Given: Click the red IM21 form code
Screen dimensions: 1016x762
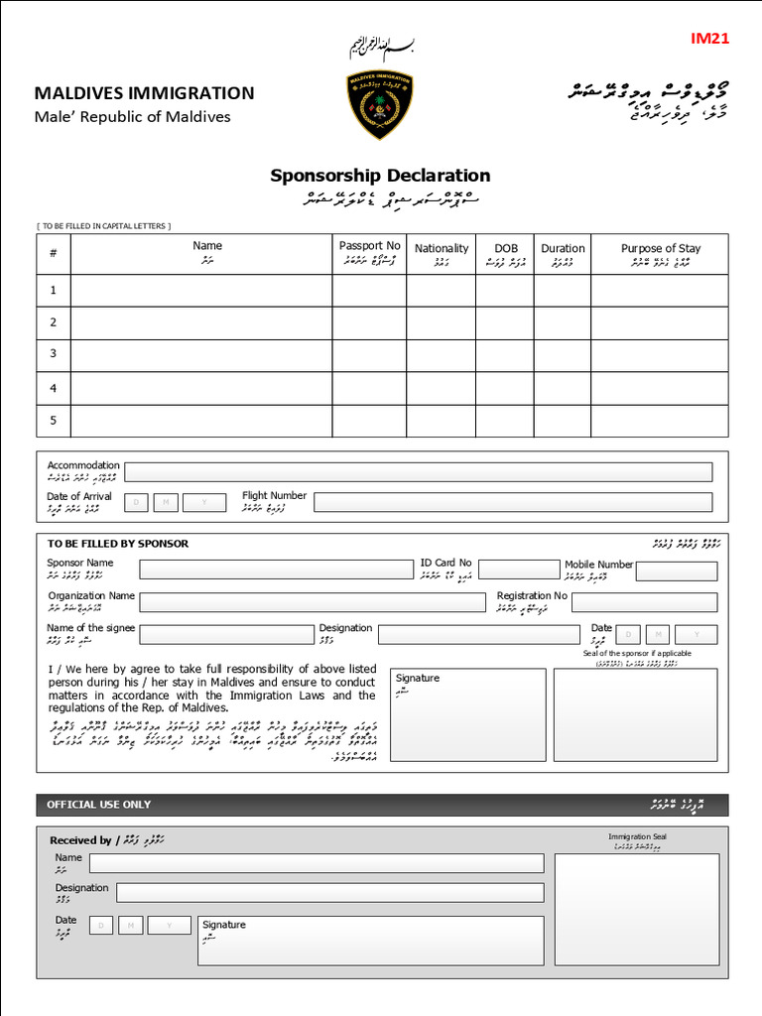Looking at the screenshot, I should (709, 39).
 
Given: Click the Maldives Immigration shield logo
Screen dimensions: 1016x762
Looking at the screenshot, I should (380, 104).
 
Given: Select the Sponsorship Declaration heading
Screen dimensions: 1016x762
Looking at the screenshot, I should (380, 177).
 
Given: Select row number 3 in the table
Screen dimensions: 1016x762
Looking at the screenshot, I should (54, 354).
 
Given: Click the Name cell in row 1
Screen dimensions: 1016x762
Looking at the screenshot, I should (206, 291).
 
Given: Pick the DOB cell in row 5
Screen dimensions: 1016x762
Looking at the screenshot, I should (505, 420).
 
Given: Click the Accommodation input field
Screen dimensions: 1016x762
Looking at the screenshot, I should (418, 472).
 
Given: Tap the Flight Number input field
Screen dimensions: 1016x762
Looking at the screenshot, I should (513, 502).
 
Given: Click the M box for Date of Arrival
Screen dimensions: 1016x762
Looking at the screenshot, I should (166, 503).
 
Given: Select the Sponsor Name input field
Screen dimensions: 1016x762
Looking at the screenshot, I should (276, 570).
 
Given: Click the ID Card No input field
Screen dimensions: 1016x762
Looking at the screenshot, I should (517, 570).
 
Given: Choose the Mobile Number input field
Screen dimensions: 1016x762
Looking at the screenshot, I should (677, 571).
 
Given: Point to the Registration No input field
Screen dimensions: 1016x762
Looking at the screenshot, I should (644, 602).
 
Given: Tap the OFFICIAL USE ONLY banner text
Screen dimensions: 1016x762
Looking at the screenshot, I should (99, 805).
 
